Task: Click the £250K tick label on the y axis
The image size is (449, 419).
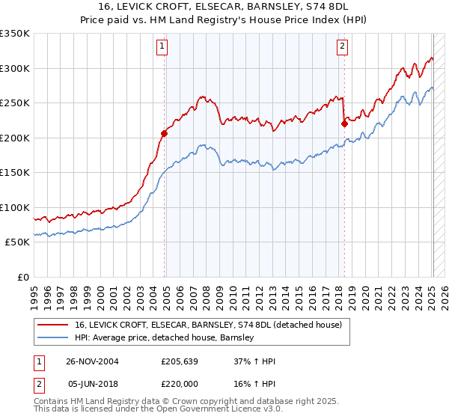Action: click(x=15, y=103)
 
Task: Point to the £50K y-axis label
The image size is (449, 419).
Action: click(x=17, y=242)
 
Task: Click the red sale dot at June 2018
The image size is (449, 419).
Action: click(x=344, y=124)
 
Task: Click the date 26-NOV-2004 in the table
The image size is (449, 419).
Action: click(x=92, y=361)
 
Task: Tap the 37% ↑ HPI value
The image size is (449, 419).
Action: click(x=255, y=361)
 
